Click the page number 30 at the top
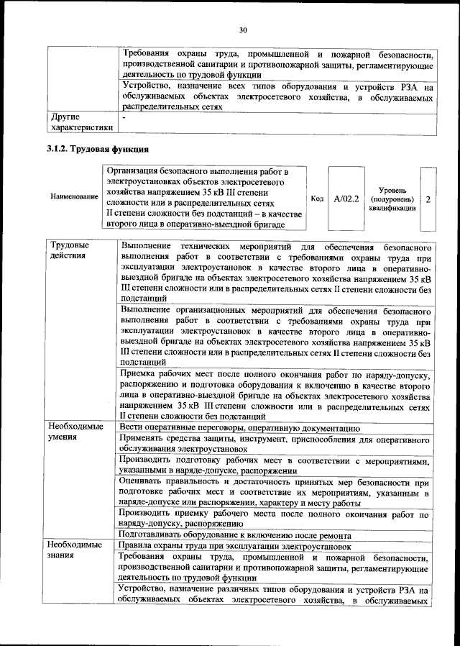coord(243,29)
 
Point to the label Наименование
coord(75,196)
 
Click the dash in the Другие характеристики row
coord(124,116)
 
